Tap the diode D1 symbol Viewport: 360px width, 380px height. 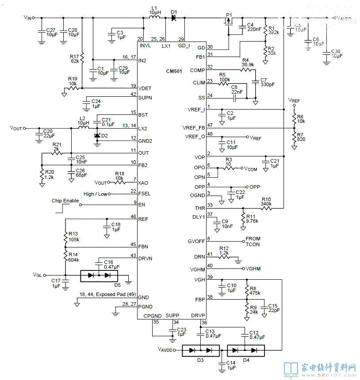[x=174, y=18]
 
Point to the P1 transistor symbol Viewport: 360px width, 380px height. [x=229, y=22]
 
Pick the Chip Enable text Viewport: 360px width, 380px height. [x=65, y=201]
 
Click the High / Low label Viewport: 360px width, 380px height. [x=95, y=194]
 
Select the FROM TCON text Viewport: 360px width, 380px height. [x=253, y=242]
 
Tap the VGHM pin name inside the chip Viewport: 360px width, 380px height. [x=196, y=269]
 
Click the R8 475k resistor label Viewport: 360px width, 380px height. [x=254, y=289]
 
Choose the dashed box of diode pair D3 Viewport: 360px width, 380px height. [x=201, y=350]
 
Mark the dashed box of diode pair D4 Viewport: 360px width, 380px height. [x=246, y=350]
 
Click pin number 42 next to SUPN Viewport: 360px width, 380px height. [x=133, y=94]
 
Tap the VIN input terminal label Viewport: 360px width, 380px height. [x=28, y=18]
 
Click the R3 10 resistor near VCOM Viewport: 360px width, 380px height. [x=229, y=168]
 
